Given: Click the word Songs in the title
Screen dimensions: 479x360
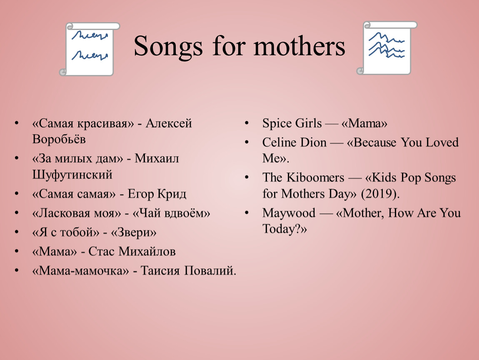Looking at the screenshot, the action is (168, 47).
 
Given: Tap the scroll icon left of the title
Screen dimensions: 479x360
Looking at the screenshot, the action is (89, 49).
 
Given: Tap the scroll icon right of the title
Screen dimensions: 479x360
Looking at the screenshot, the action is (387, 47).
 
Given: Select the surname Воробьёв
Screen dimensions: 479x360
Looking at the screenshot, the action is (59, 139).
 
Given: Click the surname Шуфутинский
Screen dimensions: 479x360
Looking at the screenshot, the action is (72, 175).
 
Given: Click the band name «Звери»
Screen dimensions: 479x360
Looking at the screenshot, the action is (134, 232).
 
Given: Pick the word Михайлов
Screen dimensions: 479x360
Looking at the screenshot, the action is (147, 251).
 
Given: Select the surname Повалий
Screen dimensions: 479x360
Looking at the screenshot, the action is (210, 271).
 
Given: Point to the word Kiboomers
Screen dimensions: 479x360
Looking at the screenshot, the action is (315, 177).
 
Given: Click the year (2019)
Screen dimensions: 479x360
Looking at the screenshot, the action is (380, 194).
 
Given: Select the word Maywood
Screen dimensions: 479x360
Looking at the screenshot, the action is (289, 213).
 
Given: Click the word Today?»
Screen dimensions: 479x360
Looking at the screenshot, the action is (284, 229).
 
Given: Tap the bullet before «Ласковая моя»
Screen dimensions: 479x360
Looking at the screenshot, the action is (17, 212).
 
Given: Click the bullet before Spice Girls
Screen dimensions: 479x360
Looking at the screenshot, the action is (247, 123).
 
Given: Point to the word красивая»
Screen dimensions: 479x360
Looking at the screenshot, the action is (105, 124).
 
